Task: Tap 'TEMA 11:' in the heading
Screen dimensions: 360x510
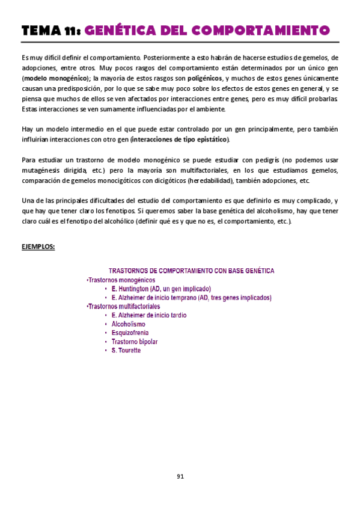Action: point(50,30)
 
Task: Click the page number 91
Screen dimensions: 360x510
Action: point(180,476)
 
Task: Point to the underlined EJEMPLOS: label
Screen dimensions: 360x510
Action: point(38,246)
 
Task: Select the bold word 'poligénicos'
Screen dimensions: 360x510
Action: point(204,78)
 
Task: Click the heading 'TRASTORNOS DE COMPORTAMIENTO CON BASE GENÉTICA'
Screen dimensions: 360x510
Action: point(191,271)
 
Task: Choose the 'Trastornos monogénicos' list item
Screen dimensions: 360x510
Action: point(121,280)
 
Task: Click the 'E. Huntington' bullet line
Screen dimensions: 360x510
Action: point(157,289)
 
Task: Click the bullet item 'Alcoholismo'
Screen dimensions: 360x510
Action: point(129,324)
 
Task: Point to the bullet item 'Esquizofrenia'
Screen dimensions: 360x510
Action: point(130,333)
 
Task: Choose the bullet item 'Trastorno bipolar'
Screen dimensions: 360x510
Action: point(135,341)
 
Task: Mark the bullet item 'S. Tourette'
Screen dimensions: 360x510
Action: point(126,350)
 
